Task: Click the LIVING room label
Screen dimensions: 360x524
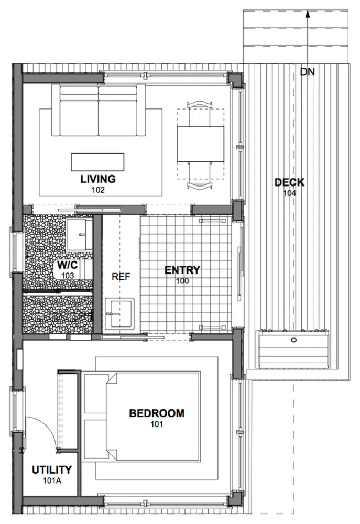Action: coord(98,179)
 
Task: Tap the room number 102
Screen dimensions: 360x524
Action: coord(98,190)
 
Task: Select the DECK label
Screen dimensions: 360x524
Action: coord(289,182)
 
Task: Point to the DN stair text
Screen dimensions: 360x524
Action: coord(307,72)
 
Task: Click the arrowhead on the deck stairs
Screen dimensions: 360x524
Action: coord(308,14)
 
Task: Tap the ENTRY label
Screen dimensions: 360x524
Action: coord(182,270)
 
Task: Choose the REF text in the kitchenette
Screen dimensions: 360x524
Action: coord(121,277)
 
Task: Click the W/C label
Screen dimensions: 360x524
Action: coord(68,265)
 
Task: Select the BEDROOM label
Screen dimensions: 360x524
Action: coord(157,413)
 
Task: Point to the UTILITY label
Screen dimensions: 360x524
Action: coord(52,470)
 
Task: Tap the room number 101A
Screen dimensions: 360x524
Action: coord(52,481)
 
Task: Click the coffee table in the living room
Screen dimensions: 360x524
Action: coord(97,162)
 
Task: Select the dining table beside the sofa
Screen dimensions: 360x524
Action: coord(200,144)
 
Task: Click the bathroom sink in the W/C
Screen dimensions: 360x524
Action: coord(79,235)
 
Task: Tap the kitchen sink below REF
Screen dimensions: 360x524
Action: coord(119,313)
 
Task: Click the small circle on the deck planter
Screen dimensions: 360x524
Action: coord(293,340)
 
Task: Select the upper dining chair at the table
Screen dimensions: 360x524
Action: coord(200,114)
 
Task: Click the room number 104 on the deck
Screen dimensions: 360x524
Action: coord(289,193)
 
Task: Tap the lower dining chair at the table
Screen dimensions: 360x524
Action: coord(200,176)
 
